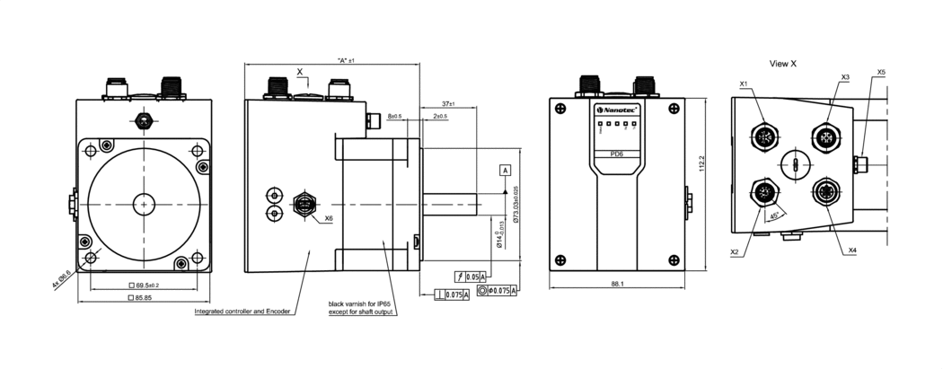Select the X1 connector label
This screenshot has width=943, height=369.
[x=744, y=83]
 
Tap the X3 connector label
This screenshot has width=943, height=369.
[x=845, y=77]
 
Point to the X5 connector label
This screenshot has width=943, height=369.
[x=881, y=72]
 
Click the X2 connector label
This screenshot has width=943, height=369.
[x=735, y=252]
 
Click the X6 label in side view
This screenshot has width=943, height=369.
[x=329, y=218]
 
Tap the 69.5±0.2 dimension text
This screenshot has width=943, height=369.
[x=145, y=285]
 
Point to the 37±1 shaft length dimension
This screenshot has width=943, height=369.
[x=449, y=104]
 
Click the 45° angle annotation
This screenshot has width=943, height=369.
[x=775, y=215]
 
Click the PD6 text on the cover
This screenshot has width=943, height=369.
[x=616, y=153]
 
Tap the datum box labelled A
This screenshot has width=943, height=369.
[x=505, y=170]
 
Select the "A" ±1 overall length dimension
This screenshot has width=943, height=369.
[x=345, y=60]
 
